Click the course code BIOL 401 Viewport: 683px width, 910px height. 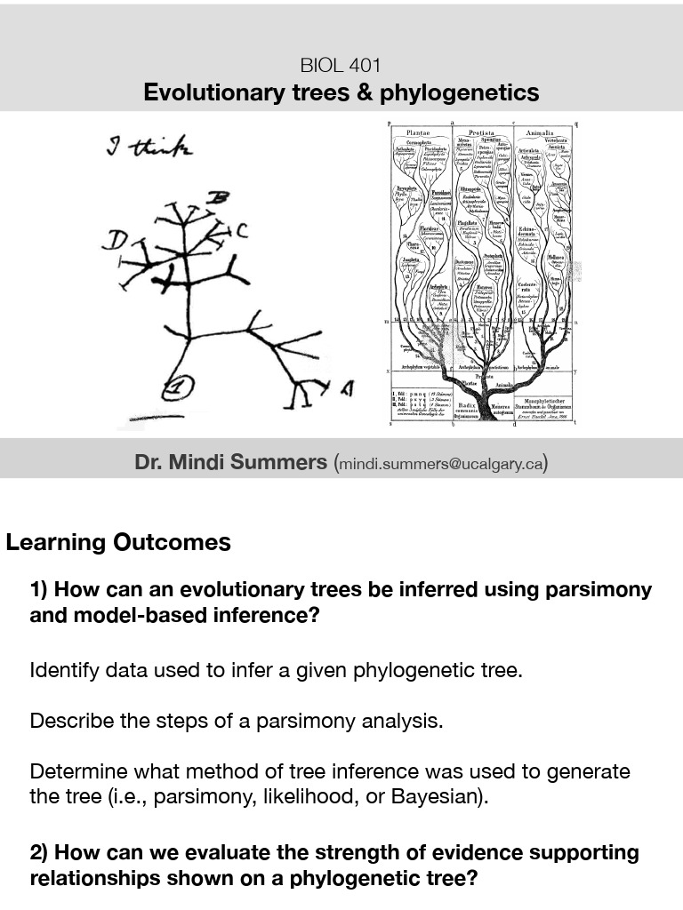[341, 66]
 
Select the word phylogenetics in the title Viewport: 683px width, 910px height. [459, 93]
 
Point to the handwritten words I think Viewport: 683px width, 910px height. [149, 147]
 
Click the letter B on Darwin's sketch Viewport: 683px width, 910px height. [215, 198]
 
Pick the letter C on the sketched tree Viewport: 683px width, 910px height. [241, 231]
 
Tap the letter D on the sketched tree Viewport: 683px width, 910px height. [115, 240]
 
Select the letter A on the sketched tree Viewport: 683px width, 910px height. [347, 387]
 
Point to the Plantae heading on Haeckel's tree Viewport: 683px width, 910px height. [418, 132]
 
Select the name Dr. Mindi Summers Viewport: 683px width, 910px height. [230, 462]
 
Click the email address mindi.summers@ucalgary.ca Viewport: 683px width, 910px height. [440, 464]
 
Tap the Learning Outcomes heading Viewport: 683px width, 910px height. [118, 542]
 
